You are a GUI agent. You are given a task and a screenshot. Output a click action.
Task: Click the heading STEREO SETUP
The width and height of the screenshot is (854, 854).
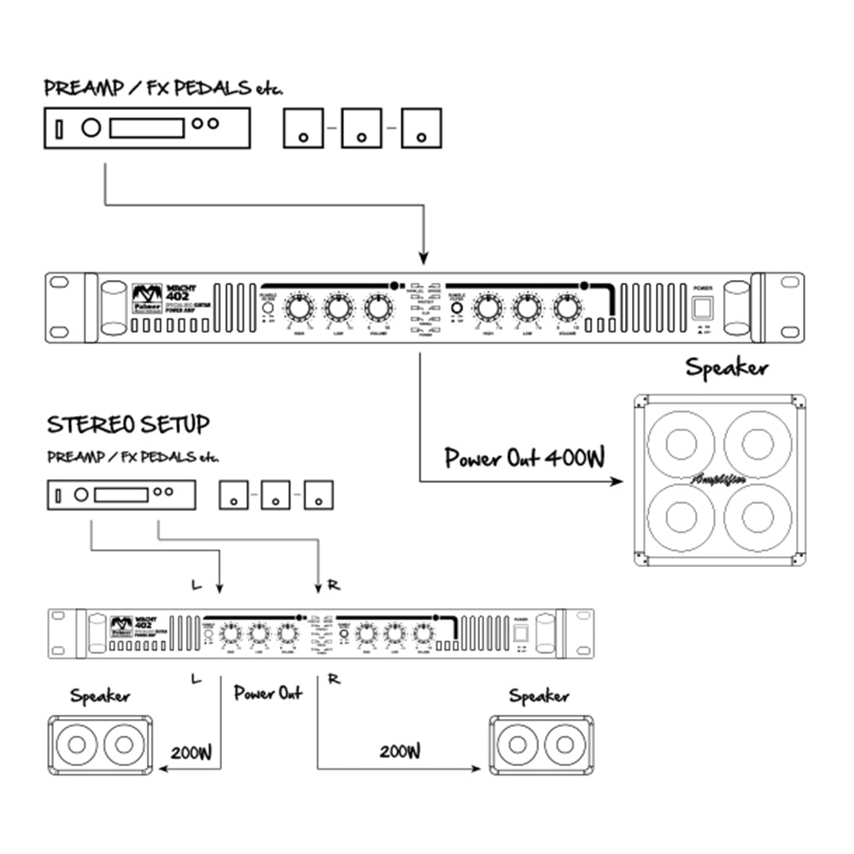pyautogui.click(x=128, y=424)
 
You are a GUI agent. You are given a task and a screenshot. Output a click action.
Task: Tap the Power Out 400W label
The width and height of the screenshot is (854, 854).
pyautogui.click(x=524, y=459)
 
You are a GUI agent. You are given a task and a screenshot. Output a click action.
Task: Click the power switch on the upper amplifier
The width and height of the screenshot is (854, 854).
pyautogui.click(x=702, y=308)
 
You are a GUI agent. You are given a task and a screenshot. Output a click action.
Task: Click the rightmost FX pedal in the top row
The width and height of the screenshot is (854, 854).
pyautogui.click(x=421, y=128)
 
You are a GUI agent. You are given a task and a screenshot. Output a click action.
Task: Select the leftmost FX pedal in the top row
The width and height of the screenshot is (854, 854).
pyautogui.click(x=303, y=128)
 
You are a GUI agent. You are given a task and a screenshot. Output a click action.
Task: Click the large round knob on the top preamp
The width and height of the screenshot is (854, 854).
pyautogui.click(x=90, y=128)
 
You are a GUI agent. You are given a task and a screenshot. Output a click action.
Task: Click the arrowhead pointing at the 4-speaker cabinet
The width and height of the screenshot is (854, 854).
pyautogui.click(x=619, y=483)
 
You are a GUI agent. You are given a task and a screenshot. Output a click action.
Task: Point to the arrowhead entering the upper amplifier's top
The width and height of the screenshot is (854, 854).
pyautogui.click(x=421, y=258)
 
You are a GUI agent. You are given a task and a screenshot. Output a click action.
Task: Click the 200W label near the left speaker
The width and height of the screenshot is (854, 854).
pyautogui.click(x=190, y=753)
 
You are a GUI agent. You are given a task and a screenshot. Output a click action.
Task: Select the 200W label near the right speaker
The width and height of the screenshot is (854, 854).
pyautogui.click(x=400, y=752)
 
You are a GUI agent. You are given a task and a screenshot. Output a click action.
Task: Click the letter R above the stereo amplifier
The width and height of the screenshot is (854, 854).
pyautogui.click(x=333, y=586)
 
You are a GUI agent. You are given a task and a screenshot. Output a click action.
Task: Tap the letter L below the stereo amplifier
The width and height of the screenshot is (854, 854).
pyautogui.click(x=196, y=679)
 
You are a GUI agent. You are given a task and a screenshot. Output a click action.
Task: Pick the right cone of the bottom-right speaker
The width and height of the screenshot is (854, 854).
pyautogui.click(x=561, y=746)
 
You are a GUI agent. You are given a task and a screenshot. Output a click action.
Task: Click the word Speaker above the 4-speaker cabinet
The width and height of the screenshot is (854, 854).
pyautogui.click(x=726, y=369)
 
